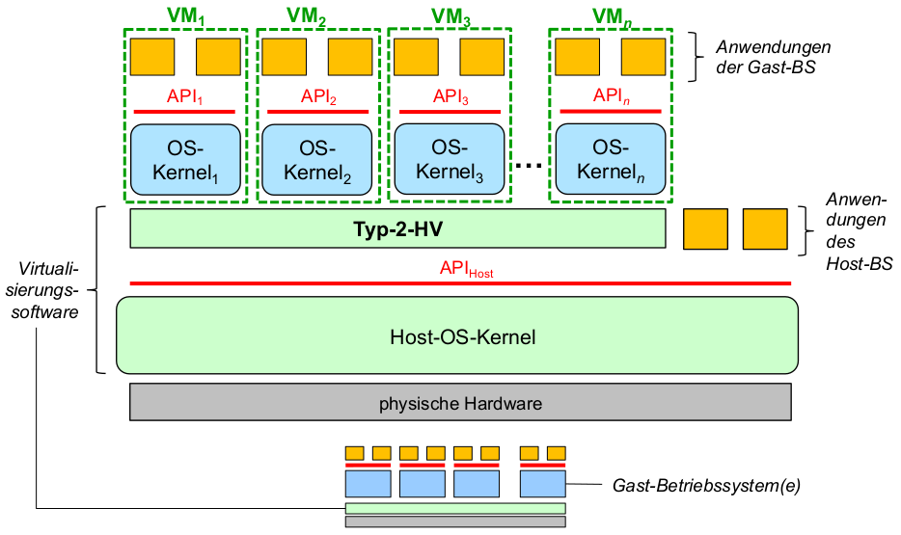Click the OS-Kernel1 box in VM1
pyautogui.click(x=184, y=160)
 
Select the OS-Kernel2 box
pyautogui.click(x=317, y=160)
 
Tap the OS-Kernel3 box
pyautogui.click(x=450, y=159)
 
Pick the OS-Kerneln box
pyautogui.click(x=611, y=159)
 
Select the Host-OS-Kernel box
pyautogui.click(x=457, y=336)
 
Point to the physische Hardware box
pyautogui.click(x=460, y=402)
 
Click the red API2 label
pyautogui.click(x=317, y=96)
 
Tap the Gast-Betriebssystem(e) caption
pyautogui.click(x=707, y=486)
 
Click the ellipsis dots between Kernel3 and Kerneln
pyautogui.click(x=530, y=167)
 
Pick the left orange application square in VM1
pyautogui.click(x=152, y=57)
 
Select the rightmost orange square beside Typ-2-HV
pyautogui.click(x=765, y=228)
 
